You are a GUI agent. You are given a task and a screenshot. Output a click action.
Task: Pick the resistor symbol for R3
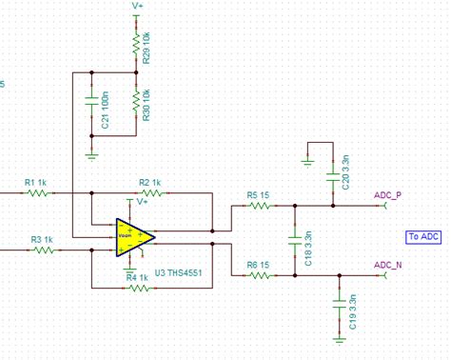43,250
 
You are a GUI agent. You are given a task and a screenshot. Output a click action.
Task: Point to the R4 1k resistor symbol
139,287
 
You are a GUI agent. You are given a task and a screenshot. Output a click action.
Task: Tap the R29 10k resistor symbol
136,43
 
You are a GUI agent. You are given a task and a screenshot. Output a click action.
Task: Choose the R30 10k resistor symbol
136,99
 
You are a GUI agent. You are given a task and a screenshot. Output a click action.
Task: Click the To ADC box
423,236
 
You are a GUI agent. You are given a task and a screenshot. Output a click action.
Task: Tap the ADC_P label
387,193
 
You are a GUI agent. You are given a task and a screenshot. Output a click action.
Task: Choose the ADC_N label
387,265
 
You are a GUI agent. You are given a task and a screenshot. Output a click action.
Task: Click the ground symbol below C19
340,336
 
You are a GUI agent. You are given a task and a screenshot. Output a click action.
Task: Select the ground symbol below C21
91,151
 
